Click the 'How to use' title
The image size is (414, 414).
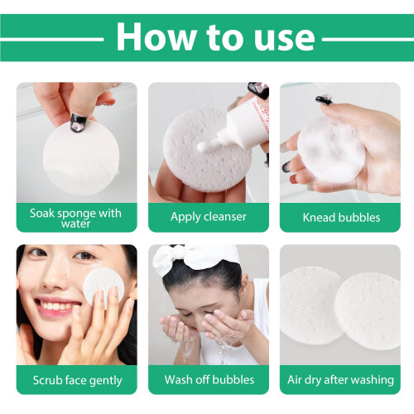coord(215,37)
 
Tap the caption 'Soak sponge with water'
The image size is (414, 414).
coord(75,218)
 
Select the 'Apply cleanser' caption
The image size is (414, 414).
coord(209,217)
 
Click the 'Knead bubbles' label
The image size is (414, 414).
coord(341,218)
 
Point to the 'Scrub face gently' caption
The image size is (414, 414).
coord(77,381)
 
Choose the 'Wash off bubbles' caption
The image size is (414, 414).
coord(209,380)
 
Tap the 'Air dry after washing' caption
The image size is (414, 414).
coord(340,380)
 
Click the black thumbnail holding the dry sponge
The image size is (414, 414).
coord(79,123)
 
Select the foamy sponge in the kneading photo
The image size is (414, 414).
coord(331,150)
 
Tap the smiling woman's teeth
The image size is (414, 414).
coord(55,306)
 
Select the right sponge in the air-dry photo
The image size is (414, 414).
coord(368,311)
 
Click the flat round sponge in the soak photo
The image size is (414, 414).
coord(81,159)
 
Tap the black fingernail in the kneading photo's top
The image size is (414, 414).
coord(324,100)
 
